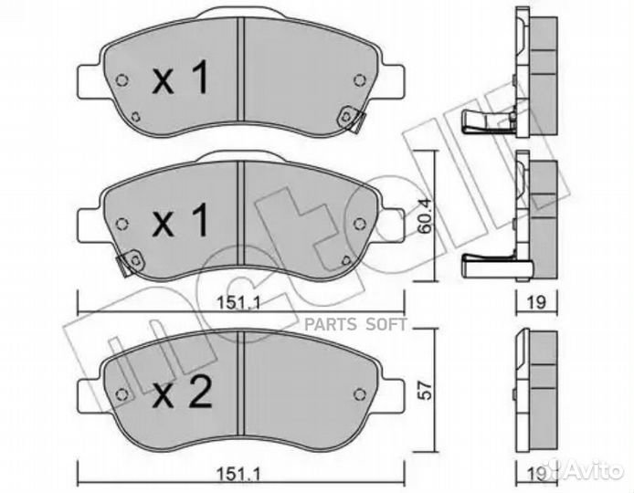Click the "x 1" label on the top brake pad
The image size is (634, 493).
181,81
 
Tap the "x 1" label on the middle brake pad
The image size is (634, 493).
181,221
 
